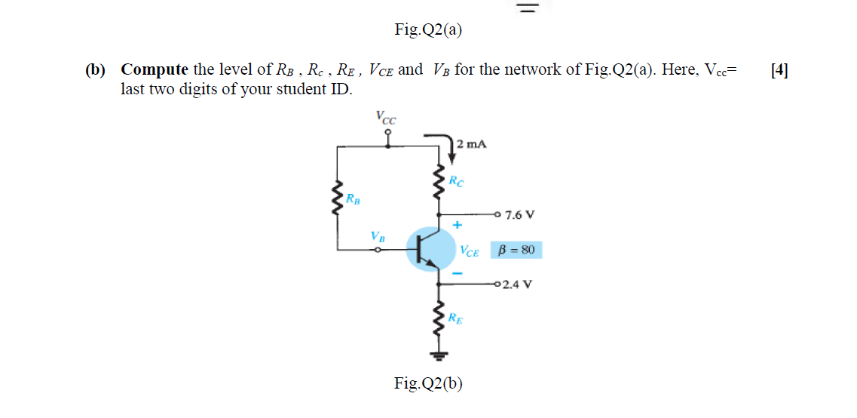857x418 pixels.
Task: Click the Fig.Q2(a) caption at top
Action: click(x=428, y=29)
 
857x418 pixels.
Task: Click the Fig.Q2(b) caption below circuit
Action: click(x=428, y=383)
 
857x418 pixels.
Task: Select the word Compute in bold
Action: click(x=155, y=70)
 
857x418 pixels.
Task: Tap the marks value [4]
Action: click(x=779, y=70)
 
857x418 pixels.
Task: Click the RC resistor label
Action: click(x=457, y=181)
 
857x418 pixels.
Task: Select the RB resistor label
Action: click(x=353, y=200)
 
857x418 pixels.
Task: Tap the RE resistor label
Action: click(x=456, y=318)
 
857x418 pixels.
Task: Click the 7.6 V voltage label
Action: click(x=520, y=214)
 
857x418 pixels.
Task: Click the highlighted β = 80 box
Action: click(x=516, y=250)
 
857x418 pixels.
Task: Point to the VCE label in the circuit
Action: click(x=470, y=252)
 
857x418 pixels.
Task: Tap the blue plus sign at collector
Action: click(x=457, y=225)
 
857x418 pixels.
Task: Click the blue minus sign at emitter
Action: click(x=457, y=273)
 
